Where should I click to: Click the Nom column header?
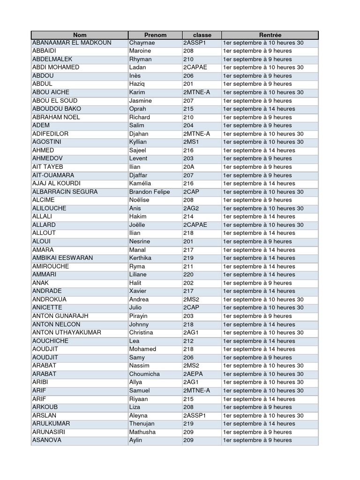80,35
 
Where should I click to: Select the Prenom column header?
155,35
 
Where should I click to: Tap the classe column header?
202,35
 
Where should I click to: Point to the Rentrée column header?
270,35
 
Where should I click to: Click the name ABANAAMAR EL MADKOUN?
72,43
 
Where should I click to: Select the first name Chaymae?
142,43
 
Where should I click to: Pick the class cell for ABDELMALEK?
188,59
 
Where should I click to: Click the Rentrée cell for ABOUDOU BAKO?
259,109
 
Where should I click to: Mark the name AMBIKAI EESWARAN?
63,258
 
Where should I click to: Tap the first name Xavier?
138,291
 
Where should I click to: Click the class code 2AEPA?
194,374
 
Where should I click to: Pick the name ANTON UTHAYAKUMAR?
67,332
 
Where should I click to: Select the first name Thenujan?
142,424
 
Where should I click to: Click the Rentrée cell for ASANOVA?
257,440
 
